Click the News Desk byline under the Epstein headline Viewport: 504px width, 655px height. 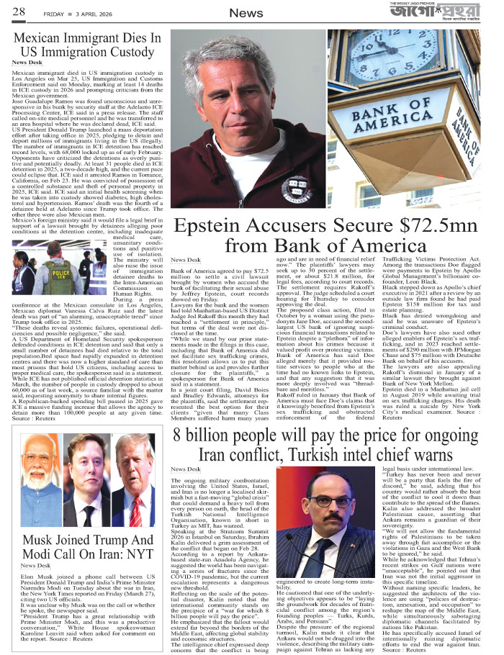pos(185,260)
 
